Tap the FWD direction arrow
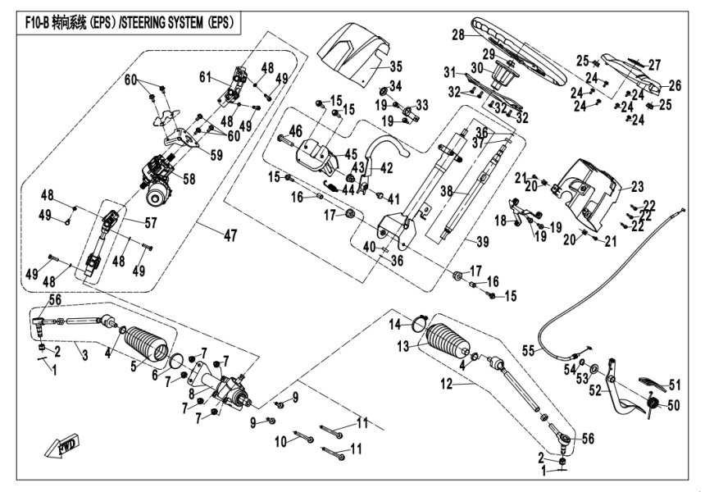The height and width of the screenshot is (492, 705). click(62, 449)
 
